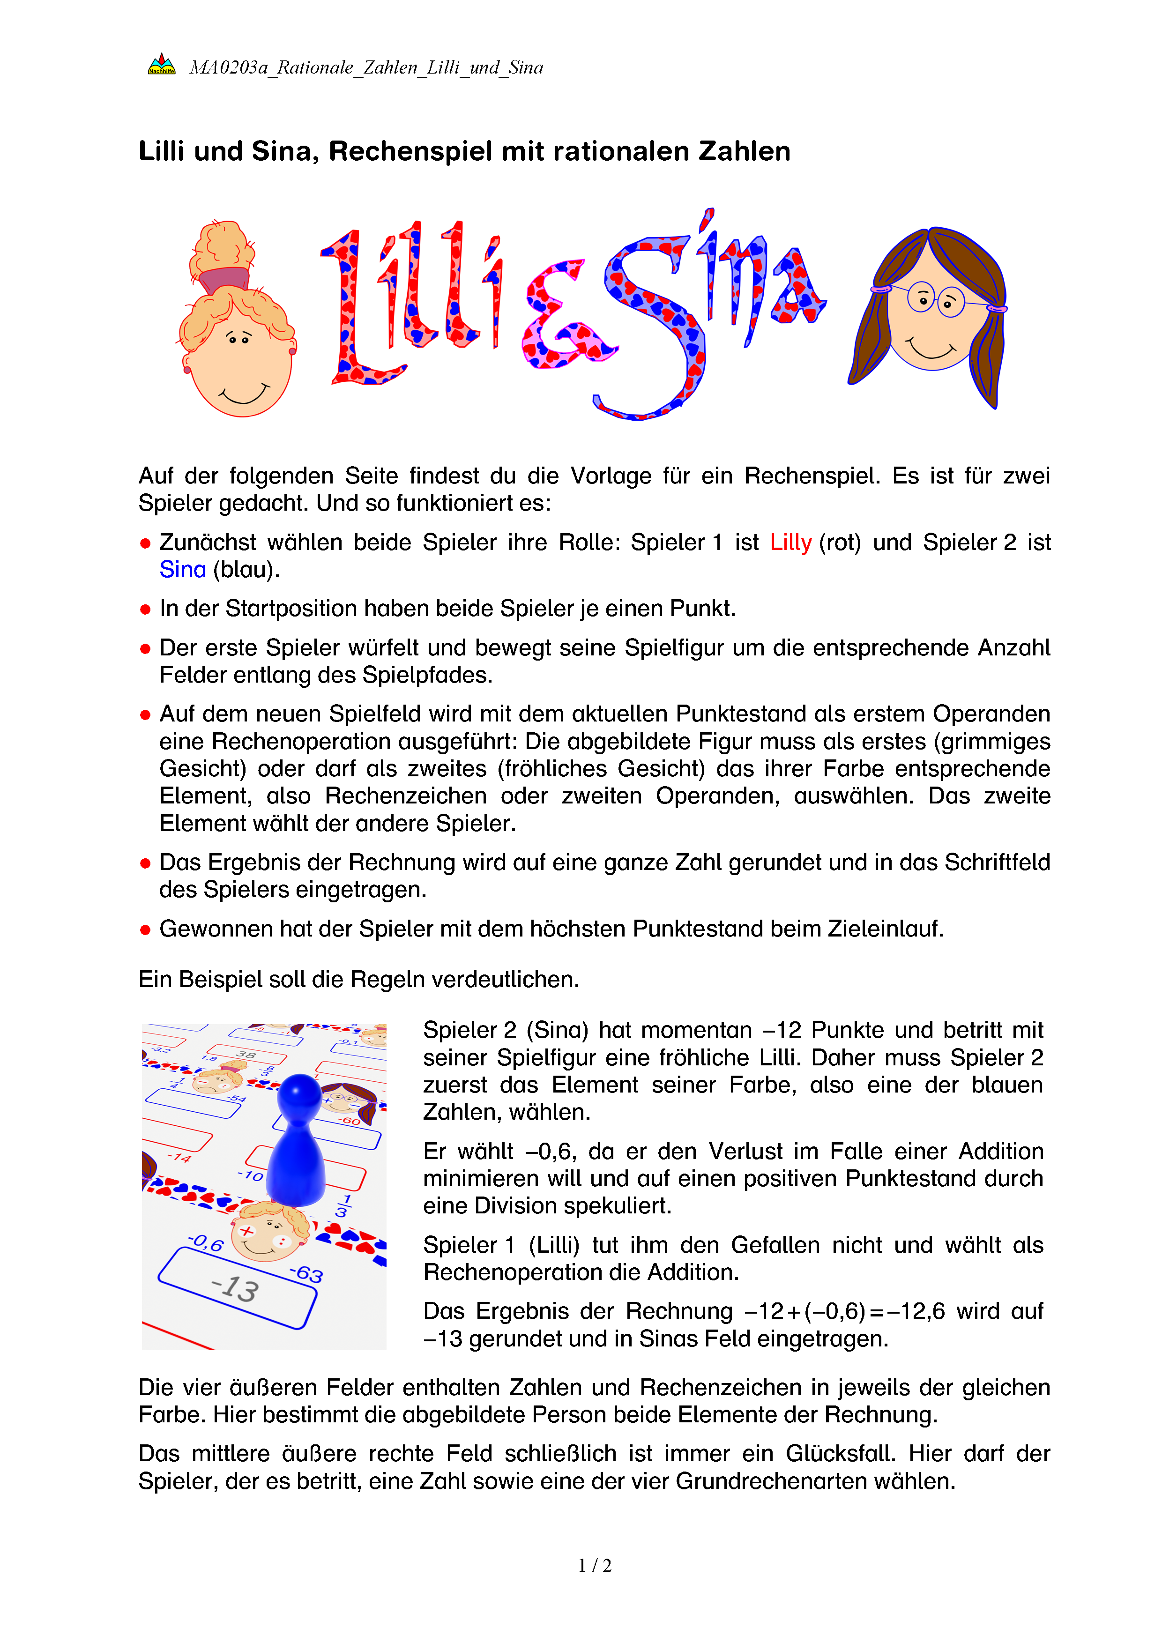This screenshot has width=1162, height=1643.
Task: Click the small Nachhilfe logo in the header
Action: pyautogui.click(x=161, y=65)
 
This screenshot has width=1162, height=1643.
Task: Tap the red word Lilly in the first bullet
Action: pyautogui.click(x=790, y=543)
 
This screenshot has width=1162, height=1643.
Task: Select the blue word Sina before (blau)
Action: pyautogui.click(x=182, y=570)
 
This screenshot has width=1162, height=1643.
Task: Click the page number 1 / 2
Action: pyautogui.click(x=595, y=1566)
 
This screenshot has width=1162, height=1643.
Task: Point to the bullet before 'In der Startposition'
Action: pyautogui.click(x=145, y=610)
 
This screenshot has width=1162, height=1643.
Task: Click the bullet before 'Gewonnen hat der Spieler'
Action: pyautogui.click(x=145, y=929)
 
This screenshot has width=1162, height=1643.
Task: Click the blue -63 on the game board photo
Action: pyautogui.click(x=307, y=1273)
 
